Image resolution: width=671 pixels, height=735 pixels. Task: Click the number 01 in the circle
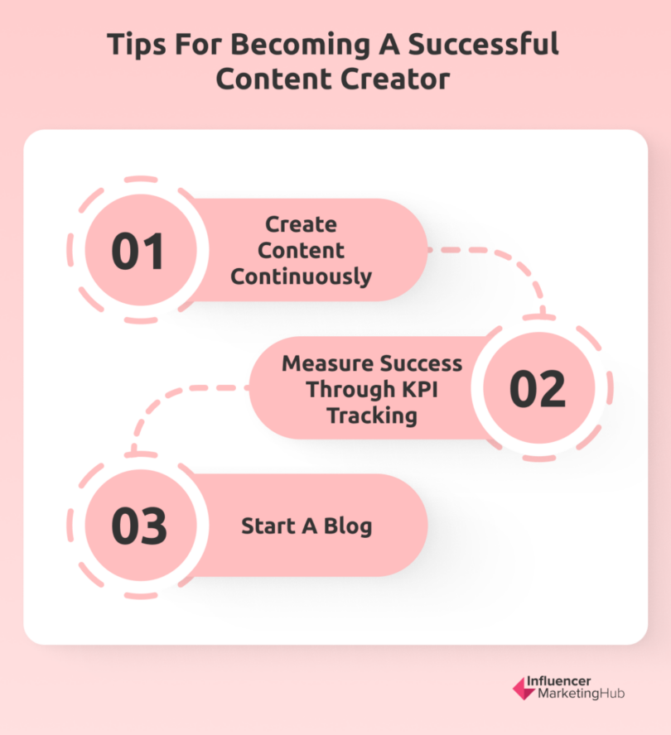[x=138, y=252]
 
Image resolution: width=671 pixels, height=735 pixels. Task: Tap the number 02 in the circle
[x=537, y=389]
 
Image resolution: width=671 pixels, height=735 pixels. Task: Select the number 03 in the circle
[x=138, y=526]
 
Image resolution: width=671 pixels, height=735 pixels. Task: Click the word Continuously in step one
[x=301, y=276]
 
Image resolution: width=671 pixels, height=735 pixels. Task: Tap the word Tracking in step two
[x=371, y=415]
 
